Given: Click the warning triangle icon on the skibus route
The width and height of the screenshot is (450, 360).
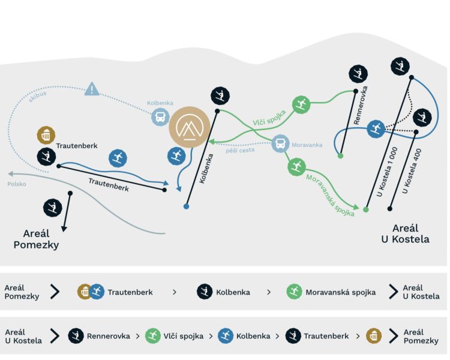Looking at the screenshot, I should [x=92, y=89].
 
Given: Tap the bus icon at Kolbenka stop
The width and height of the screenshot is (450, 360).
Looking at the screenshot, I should [x=160, y=116].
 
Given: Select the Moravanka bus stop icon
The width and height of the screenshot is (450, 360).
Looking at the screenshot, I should [x=280, y=143].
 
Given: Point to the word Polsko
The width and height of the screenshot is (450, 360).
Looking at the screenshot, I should [x=17, y=184].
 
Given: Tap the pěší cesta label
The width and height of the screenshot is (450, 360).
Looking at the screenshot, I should [x=240, y=149].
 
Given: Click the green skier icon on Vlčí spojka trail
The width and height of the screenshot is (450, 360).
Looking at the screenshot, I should [x=301, y=104].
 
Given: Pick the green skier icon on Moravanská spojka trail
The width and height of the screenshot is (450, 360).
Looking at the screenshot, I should [x=296, y=166].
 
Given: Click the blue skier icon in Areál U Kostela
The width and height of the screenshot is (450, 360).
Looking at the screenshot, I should [x=376, y=128].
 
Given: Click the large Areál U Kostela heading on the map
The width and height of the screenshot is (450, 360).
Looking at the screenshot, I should [x=406, y=233].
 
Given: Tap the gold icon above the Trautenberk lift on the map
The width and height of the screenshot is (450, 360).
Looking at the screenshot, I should [x=46, y=135].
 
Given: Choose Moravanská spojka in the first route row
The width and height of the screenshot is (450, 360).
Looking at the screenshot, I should [x=340, y=292].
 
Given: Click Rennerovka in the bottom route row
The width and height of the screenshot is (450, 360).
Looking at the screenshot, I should [x=109, y=336].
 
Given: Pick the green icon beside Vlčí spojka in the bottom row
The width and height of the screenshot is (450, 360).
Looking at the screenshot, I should [x=153, y=336].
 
